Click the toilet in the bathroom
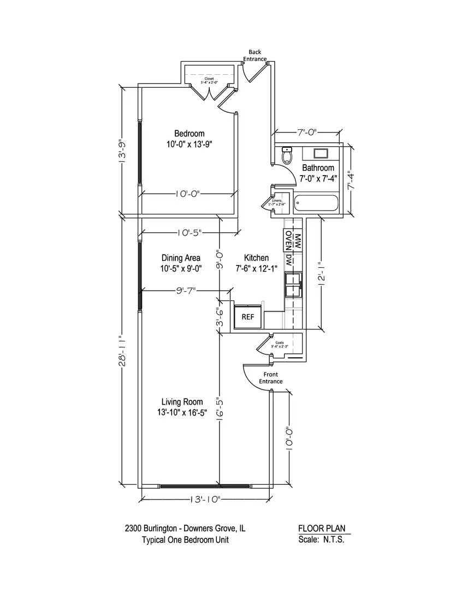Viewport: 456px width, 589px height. pyautogui.click(x=287, y=156)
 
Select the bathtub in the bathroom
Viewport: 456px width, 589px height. pyautogui.click(x=316, y=205)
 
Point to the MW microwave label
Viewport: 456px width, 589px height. pyautogui.click(x=298, y=239)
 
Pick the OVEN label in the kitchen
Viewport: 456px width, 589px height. pyautogui.click(x=288, y=239)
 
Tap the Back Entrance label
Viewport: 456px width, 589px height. pyautogui.click(x=255, y=56)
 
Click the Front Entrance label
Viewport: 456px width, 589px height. pyautogui.click(x=271, y=378)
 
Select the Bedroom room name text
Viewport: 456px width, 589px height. pyautogui.click(x=189, y=134)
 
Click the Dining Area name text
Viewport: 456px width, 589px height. pyautogui.click(x=181, y=258)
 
